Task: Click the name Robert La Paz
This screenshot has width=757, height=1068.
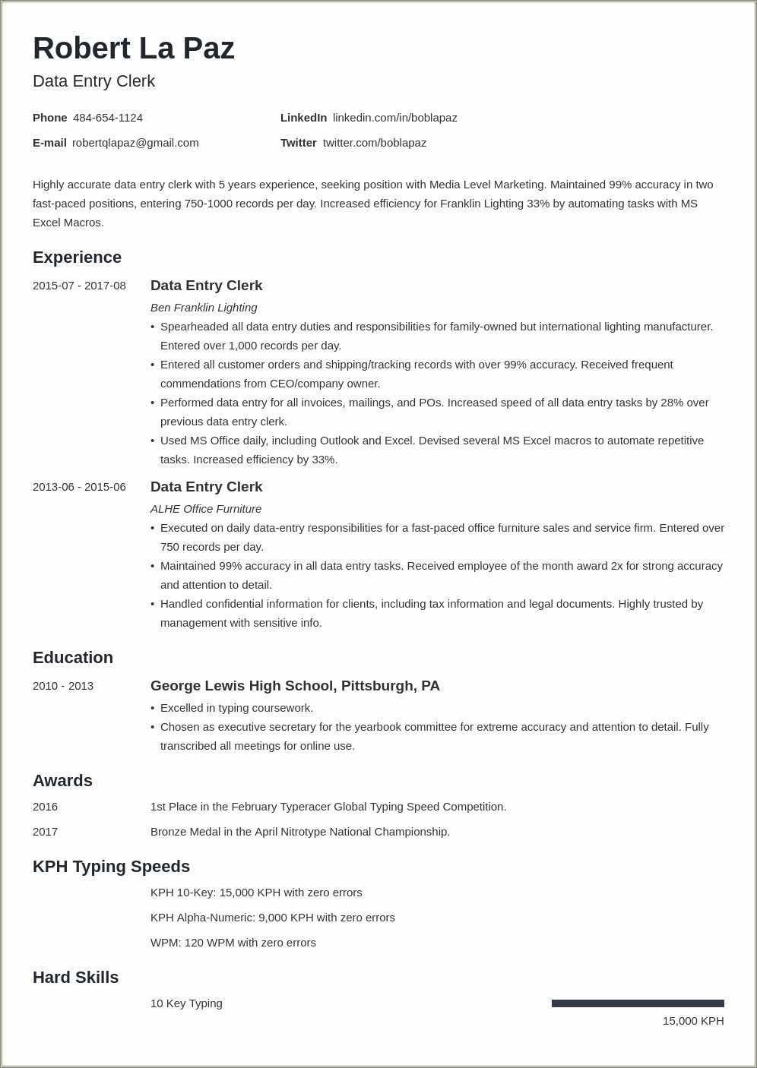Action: [134, 49]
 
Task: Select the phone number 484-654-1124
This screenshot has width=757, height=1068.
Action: [108, 118]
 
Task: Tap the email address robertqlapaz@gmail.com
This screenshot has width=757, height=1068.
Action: [135, 143]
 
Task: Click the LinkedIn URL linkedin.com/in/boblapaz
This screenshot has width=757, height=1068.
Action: [394, 118]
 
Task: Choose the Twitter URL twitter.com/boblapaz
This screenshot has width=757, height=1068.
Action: [374, 143]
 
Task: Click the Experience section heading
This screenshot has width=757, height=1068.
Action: [77, 258]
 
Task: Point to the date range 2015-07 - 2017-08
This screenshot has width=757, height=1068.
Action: [79, 286]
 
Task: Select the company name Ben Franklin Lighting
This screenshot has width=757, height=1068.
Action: [204, 308]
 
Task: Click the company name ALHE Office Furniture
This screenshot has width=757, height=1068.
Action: [206, 509]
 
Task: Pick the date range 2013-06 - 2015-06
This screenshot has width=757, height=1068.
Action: [79, 487]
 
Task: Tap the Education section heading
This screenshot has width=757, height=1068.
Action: [73, 658]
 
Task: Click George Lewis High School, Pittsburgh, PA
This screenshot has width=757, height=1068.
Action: [295, 686]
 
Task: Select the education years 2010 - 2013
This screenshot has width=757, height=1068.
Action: [63, 686]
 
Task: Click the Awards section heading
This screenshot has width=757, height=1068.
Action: [62, 781]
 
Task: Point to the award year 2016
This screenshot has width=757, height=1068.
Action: [46, 807]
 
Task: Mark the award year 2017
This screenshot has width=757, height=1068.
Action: [46, 832]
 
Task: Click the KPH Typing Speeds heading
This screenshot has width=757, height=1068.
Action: [111, 867]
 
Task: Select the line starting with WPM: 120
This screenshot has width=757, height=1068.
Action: [233, 943]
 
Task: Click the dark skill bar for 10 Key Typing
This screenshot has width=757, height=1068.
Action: [638, 1003]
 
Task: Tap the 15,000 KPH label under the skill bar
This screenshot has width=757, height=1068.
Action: [692, 1021]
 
